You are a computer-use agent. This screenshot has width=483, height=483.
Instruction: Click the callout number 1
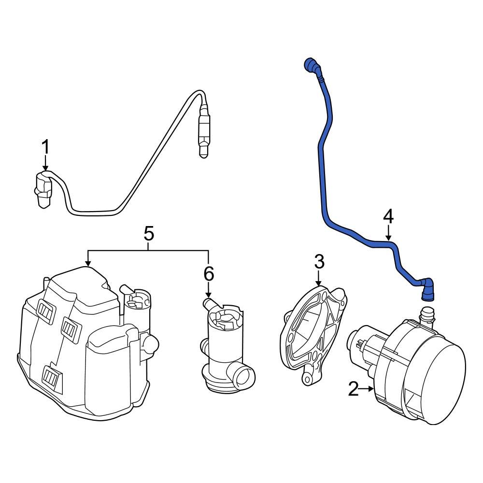pos(45,147)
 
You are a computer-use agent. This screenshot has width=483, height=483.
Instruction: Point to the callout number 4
pos(388,217)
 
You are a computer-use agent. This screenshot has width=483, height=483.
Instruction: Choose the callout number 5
pos(149,234)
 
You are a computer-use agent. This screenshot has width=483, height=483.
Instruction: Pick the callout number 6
pos(208,274)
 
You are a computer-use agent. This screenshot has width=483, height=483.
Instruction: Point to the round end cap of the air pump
pos(442,381)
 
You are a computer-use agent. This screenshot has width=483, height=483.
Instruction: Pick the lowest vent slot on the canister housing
pos(52,378)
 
